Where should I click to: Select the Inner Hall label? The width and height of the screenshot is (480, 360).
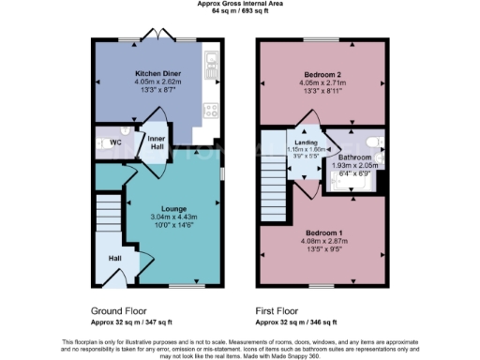(156, 142)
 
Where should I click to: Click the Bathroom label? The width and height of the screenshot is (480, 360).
(353, 157)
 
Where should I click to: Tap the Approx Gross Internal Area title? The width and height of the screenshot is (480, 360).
(240, 5)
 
